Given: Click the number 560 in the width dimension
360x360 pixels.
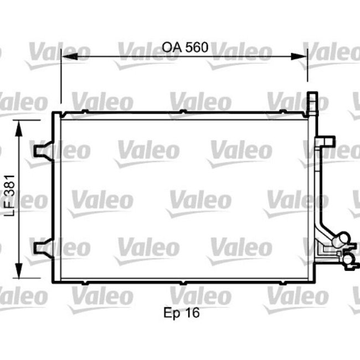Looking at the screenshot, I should [x=196, y=47].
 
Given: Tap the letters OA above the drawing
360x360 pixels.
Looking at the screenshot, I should [x=172, y=47].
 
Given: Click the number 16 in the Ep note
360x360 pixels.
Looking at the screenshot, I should [x=192, y=313].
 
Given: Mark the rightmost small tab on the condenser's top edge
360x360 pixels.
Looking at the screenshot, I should [x=283, y=114].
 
